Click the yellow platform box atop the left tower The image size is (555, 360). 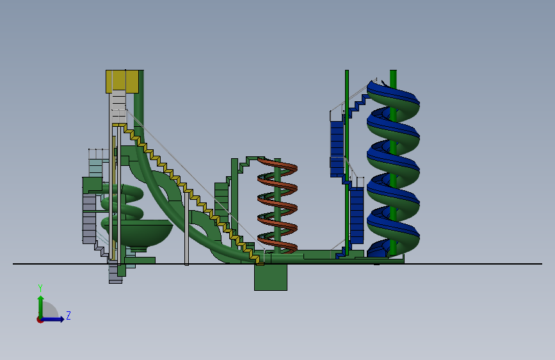click(x=122, y=81)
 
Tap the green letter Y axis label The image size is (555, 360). click(x=40, y=288)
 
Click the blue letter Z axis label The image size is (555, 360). click(x=68, y=315)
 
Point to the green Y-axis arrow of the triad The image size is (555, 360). click(x=41, y=307)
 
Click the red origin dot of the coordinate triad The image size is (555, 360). click(x=40, y=320)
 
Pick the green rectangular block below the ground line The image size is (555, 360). click(x=271, y=277)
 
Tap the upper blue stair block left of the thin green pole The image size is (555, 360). click(x=337, y=149)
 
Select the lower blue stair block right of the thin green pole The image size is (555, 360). click(x=357, y=215)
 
